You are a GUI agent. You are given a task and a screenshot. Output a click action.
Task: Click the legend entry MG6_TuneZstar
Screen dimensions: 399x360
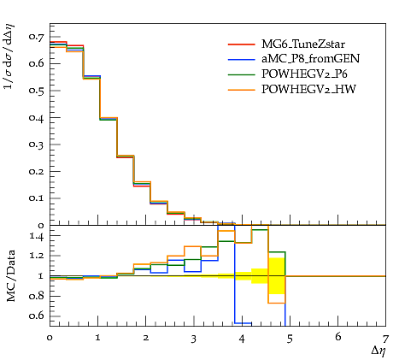(303, 44)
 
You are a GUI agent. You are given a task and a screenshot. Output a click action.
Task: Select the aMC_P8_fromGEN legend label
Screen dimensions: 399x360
(310, 58)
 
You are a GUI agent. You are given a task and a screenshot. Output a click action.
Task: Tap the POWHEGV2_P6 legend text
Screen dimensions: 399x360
(304, 74)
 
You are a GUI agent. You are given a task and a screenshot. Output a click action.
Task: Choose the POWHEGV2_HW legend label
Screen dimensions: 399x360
(308, 89)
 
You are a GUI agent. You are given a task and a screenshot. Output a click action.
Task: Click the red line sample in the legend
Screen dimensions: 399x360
(241, 44)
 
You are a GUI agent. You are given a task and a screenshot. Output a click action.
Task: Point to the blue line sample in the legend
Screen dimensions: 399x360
(241, 60)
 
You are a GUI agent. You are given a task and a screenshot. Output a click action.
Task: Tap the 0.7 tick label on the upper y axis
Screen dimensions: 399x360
(36, 37)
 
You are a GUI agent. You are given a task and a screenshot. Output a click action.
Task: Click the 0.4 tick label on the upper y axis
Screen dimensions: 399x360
(36, 117)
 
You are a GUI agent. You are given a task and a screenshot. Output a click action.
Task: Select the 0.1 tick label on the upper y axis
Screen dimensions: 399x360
(36, 198)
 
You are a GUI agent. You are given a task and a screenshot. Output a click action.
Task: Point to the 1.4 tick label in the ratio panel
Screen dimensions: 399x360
(37, 236)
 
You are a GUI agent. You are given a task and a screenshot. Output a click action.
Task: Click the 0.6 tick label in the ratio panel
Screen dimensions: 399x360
(36, 316)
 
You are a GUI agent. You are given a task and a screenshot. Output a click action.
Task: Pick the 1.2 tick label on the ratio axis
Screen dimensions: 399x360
(37, 256)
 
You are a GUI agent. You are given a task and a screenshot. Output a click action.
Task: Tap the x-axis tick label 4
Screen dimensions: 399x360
(242, 339)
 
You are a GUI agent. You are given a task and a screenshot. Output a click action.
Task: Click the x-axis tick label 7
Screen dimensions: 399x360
(385, 339)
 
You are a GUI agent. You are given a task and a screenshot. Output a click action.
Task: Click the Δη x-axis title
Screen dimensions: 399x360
(379, 351)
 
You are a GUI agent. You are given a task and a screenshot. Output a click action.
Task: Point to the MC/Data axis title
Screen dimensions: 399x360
(11, 276)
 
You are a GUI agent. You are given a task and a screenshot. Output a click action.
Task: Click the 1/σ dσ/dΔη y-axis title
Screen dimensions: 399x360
(9, 56)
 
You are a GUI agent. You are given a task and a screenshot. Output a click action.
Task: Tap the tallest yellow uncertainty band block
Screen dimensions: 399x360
(277, 276)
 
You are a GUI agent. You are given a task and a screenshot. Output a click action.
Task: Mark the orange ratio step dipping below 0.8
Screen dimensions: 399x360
(277, 303)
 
